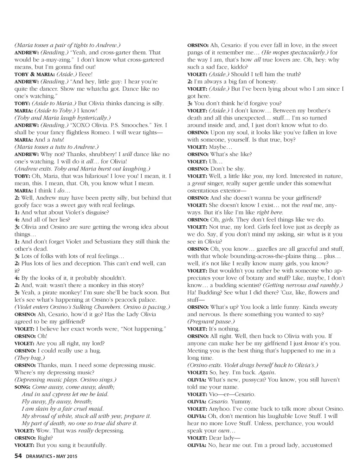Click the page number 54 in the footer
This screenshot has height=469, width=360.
[18, 456]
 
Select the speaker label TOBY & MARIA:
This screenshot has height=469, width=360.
[34, 74]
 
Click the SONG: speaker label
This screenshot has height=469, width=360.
[22, 387]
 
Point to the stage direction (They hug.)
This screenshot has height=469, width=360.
[30, 358]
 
